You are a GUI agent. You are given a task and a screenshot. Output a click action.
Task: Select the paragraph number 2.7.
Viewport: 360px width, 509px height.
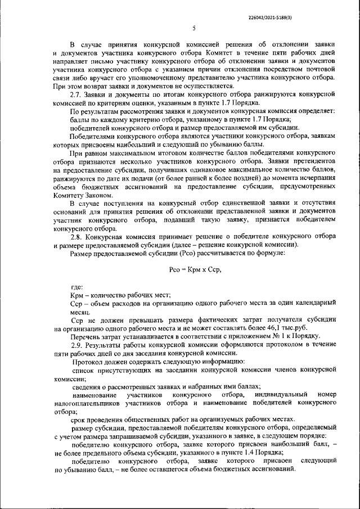coord(76,96)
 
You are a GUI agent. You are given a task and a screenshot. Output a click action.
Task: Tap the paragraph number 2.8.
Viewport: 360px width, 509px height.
coord(76,237)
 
